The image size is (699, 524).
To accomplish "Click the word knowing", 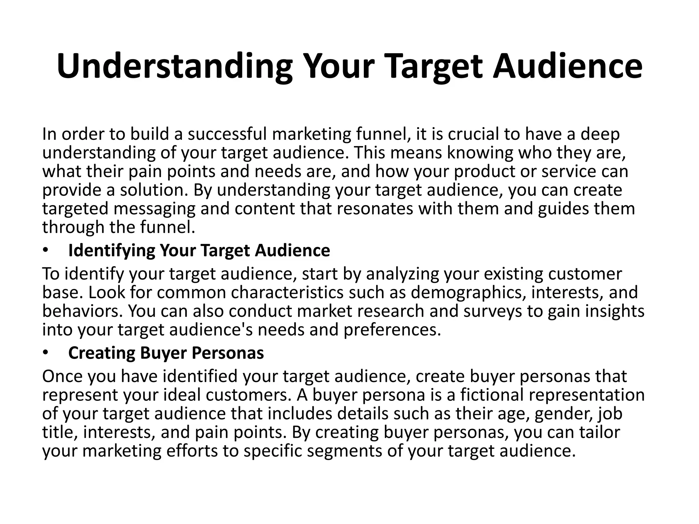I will tap(480, 152).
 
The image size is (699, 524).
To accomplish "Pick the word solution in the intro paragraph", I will tap(154, 190).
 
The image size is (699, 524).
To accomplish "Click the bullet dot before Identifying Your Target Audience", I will tap(46, 251).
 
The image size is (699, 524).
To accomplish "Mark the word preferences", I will tap(392, 330).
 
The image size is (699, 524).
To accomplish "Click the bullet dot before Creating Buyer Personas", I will tap(46, 353).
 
